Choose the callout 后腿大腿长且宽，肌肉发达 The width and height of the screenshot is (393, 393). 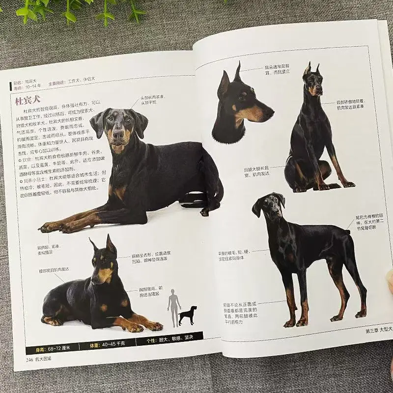pos(257,170)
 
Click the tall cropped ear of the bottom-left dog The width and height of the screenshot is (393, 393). pos(111,244)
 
